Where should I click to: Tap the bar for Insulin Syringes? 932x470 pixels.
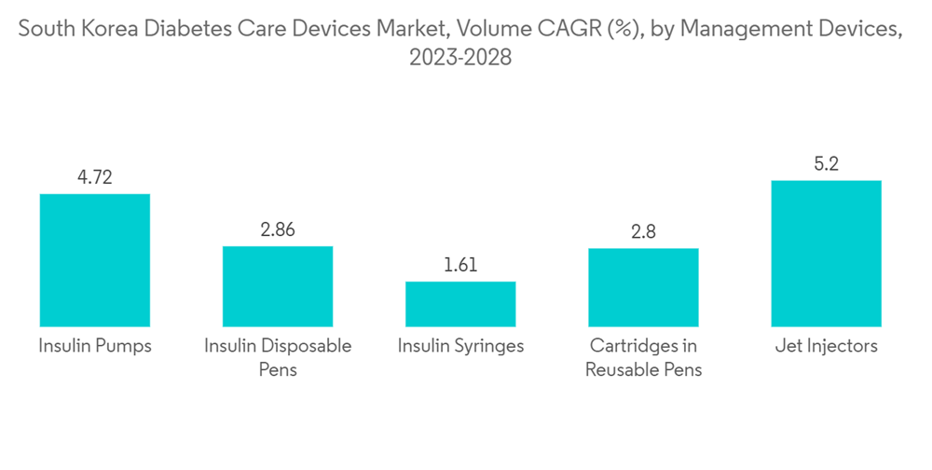tap(460, 303)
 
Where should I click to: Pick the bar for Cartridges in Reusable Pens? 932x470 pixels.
tap(643, 286)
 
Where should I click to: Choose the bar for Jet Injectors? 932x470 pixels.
tap(826, 253)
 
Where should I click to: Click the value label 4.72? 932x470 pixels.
tap(94, 177)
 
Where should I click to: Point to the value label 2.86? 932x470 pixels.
tap(277, 229)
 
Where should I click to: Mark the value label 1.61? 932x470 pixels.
tap(460, 265)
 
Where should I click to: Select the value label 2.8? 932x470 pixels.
tap(643, 231)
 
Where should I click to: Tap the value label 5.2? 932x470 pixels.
tap(826, 164)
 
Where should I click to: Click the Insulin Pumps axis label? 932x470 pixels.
tap(94, 346)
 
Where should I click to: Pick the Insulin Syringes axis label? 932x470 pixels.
tap(460, 346)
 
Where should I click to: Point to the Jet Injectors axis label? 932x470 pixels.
tap(826, 346)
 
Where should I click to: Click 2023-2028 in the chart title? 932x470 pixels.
tap(460, 57)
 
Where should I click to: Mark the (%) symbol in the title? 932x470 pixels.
tap(619, 29)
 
